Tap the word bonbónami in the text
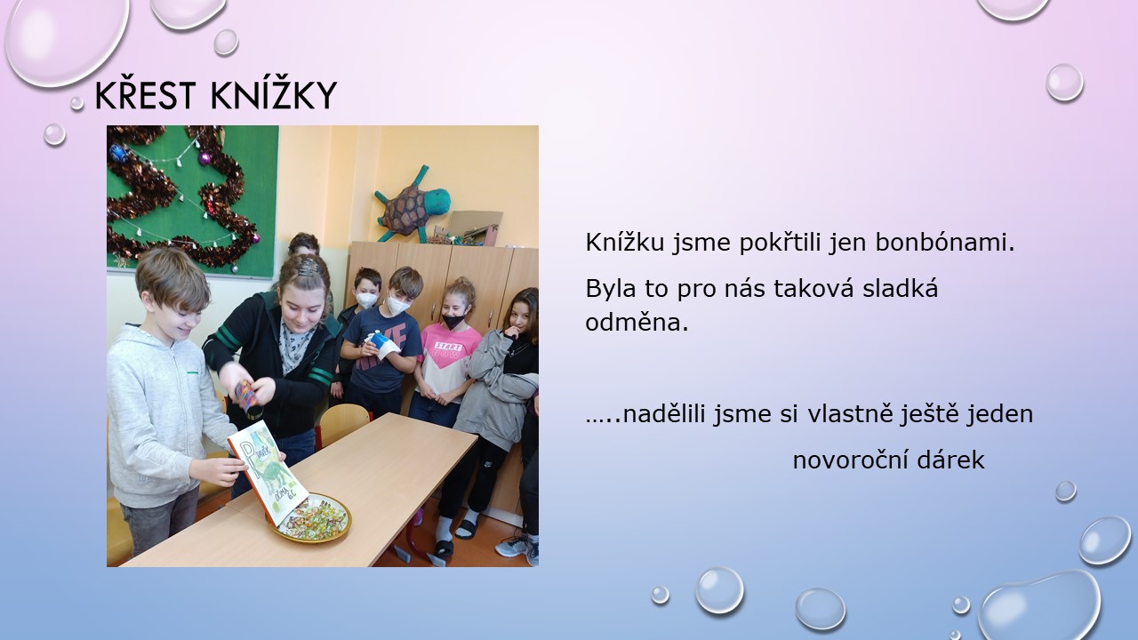point(944,243)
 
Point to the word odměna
point(637,322)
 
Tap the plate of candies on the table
point(311,518)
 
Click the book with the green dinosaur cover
point(268,471)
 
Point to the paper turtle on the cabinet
point(412,204)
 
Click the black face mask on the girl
point(453,321)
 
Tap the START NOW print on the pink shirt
point(449,349)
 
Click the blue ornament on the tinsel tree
point(118,153)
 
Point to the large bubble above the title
point(66,40)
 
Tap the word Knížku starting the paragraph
point(624,243)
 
